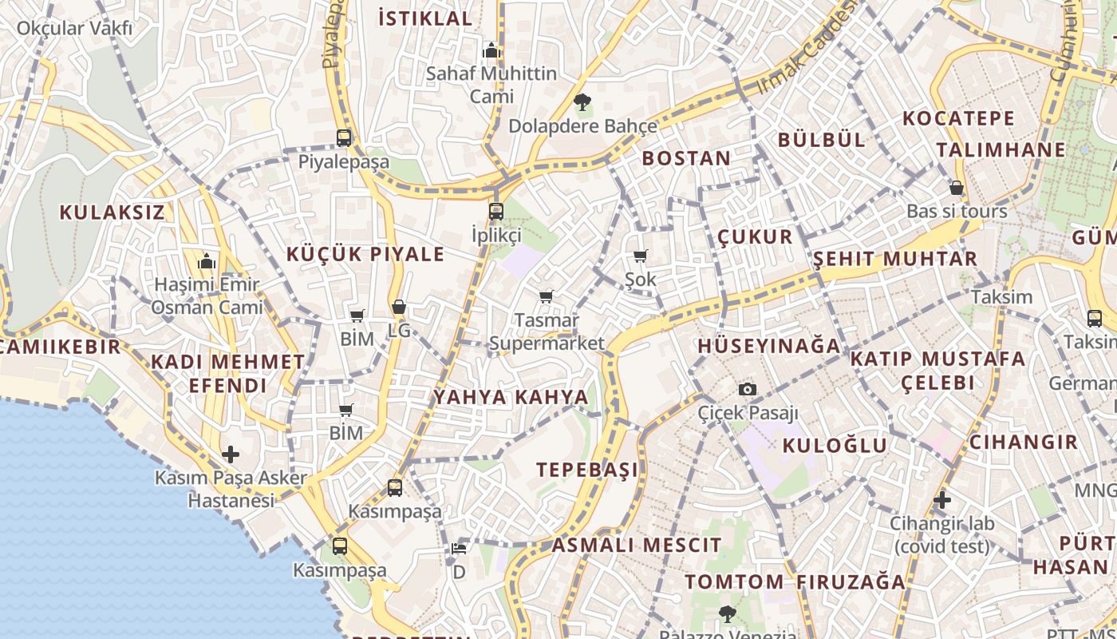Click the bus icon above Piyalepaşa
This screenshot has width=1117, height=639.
pos(344,137)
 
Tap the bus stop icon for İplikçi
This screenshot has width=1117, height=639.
pos(496,212)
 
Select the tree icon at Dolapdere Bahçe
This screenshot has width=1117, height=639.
pos(582,101)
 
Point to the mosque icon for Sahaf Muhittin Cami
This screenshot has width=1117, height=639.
pos(491,50)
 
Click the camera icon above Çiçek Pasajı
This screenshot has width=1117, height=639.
pos(748,389)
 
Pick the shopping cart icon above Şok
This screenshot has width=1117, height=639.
pos(640,256)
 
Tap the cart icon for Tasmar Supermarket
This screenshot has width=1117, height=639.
pos(547,297)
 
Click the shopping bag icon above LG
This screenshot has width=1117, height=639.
pos(399,307)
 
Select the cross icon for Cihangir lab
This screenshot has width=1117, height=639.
pos(942,500)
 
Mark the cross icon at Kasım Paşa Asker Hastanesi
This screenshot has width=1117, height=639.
pos(231,454)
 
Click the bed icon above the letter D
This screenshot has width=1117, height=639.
pos(459,549)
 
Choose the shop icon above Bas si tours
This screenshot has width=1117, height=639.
pos(957,188)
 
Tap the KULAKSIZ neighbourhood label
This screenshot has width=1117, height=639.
pos(112,212)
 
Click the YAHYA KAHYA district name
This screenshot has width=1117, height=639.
pos(511,397)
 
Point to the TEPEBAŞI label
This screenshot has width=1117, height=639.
pos(587,470)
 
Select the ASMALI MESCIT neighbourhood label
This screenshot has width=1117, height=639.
pos(637,546)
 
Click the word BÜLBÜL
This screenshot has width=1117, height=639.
pos(821,140)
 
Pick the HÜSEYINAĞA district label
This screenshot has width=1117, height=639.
pos(769,346)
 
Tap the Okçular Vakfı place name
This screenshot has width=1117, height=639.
pos(74,29)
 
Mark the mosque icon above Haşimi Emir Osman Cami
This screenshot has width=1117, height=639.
pos(207,260)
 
